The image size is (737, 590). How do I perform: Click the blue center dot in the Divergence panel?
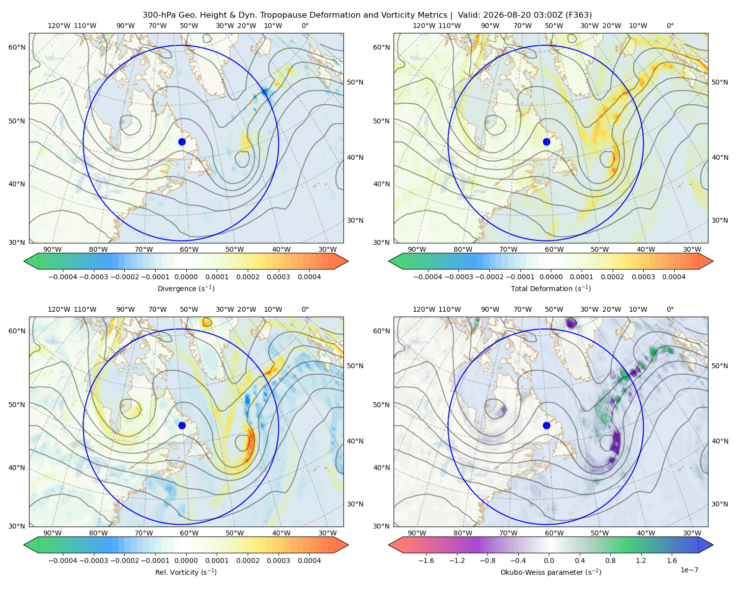click(182, 142)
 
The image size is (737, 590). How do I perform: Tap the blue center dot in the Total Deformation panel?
click(546, 142)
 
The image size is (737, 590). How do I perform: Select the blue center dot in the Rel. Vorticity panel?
click(182, 425)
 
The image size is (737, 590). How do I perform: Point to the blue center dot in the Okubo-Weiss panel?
click(546, 425)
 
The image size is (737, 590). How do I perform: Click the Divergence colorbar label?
click(186, 288)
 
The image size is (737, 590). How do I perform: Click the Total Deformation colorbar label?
click(551, 288)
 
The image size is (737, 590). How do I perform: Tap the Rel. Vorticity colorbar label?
click(186, 572)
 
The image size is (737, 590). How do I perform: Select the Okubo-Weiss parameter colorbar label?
click(551, 572)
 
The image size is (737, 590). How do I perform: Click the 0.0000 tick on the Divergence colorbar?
click(186, 277)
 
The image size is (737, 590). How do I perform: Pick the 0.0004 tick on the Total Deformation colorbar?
click(674, 277)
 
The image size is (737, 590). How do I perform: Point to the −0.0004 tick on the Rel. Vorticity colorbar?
click(63, 560)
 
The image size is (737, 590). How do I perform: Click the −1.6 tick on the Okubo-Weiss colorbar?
click(426, 560)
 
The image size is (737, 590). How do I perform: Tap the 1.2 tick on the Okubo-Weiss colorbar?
click(641, 560)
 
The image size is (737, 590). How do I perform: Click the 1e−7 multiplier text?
click(689, 570)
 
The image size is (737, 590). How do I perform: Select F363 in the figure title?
click(578, 15)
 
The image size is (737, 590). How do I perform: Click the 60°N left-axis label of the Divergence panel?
click(17, 47)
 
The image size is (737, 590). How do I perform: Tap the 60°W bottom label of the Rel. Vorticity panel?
click(189, 533)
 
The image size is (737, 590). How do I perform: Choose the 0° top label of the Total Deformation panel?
click(670, 26)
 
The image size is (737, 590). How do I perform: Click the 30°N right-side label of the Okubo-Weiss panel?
click(719, 503)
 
